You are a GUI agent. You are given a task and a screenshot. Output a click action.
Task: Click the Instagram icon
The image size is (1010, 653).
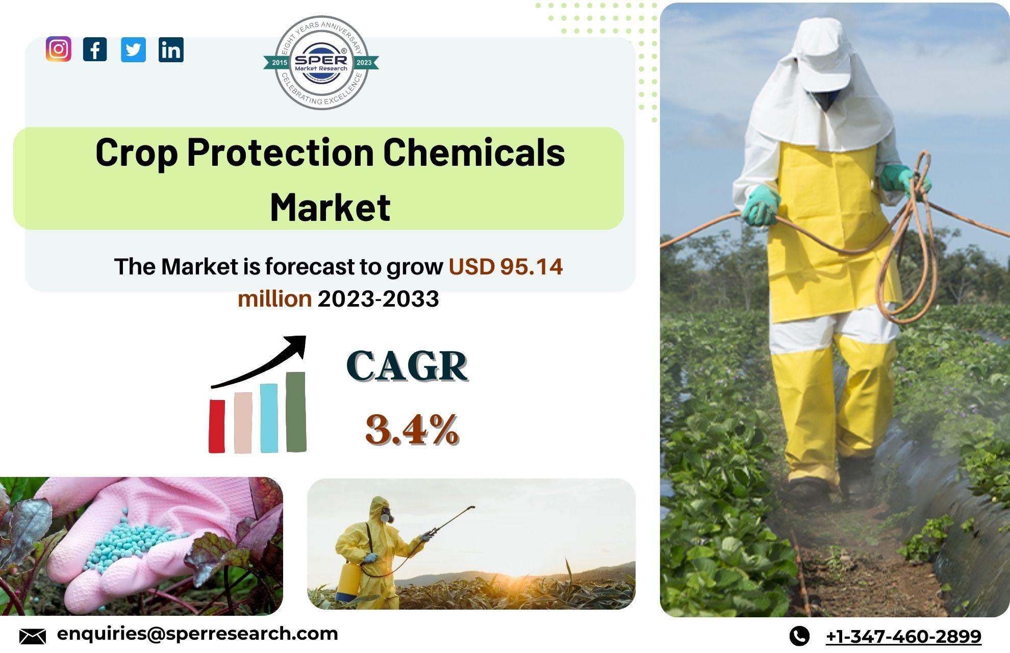point(59,49)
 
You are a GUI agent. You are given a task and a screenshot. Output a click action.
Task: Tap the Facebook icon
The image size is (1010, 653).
point(95,49)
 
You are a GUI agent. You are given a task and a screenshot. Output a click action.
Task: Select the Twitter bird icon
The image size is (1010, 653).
point(133,49)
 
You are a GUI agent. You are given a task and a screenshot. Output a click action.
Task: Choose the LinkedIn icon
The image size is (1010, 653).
point(171,49)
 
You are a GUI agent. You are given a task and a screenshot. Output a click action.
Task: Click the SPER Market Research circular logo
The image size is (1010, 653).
point(321,62)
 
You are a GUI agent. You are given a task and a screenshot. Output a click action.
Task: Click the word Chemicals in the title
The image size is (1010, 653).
point(474,153)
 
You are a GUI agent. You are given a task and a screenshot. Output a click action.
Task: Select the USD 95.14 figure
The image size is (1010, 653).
point(506,266)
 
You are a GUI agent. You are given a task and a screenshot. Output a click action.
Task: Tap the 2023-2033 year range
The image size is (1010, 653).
point(378,299)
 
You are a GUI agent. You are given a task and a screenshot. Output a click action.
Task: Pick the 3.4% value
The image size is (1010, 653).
point(412,429)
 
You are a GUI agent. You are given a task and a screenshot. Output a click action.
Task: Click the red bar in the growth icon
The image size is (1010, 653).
point(217,426)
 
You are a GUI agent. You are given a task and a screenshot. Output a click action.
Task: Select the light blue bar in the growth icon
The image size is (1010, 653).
point(269,418)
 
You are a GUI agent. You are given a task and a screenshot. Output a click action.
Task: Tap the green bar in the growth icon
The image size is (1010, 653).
point(296,412)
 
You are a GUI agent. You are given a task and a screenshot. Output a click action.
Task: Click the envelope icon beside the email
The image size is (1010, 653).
point(33,636)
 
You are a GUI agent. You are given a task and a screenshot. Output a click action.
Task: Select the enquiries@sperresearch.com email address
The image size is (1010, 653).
point(197,634)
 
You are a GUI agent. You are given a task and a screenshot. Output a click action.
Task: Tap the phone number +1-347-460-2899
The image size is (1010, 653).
point(903,636)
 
